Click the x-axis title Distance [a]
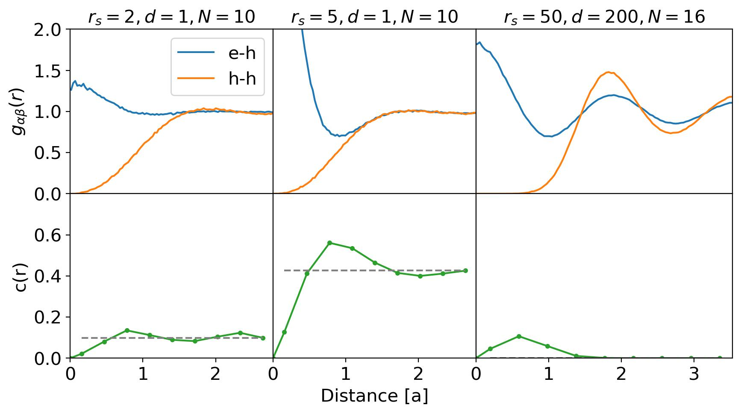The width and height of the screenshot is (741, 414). click(x=374, y=396)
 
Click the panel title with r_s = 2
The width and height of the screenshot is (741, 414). click(x=171, y=18)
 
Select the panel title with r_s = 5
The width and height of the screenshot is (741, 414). click(x=374, y=18)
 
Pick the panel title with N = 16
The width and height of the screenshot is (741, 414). click(x=604, y=18)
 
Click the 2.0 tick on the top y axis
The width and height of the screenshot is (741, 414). click(x=50, y=30)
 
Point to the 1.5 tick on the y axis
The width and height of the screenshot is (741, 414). click(x=50, y=71)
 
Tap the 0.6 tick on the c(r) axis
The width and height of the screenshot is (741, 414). click(x=50, y=235)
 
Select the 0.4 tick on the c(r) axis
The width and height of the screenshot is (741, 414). click(x=50, y=276)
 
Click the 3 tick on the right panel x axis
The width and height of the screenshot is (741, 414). click(x=694, y=375)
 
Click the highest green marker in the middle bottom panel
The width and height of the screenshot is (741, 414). click(x=329, y=243)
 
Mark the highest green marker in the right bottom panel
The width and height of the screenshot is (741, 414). click(x=519, y=336)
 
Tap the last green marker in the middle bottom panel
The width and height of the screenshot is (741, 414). click(x=465, y=270)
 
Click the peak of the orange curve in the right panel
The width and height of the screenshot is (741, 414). click(x=608, y=73)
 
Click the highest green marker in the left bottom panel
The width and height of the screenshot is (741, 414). click(x=127, y=330)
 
